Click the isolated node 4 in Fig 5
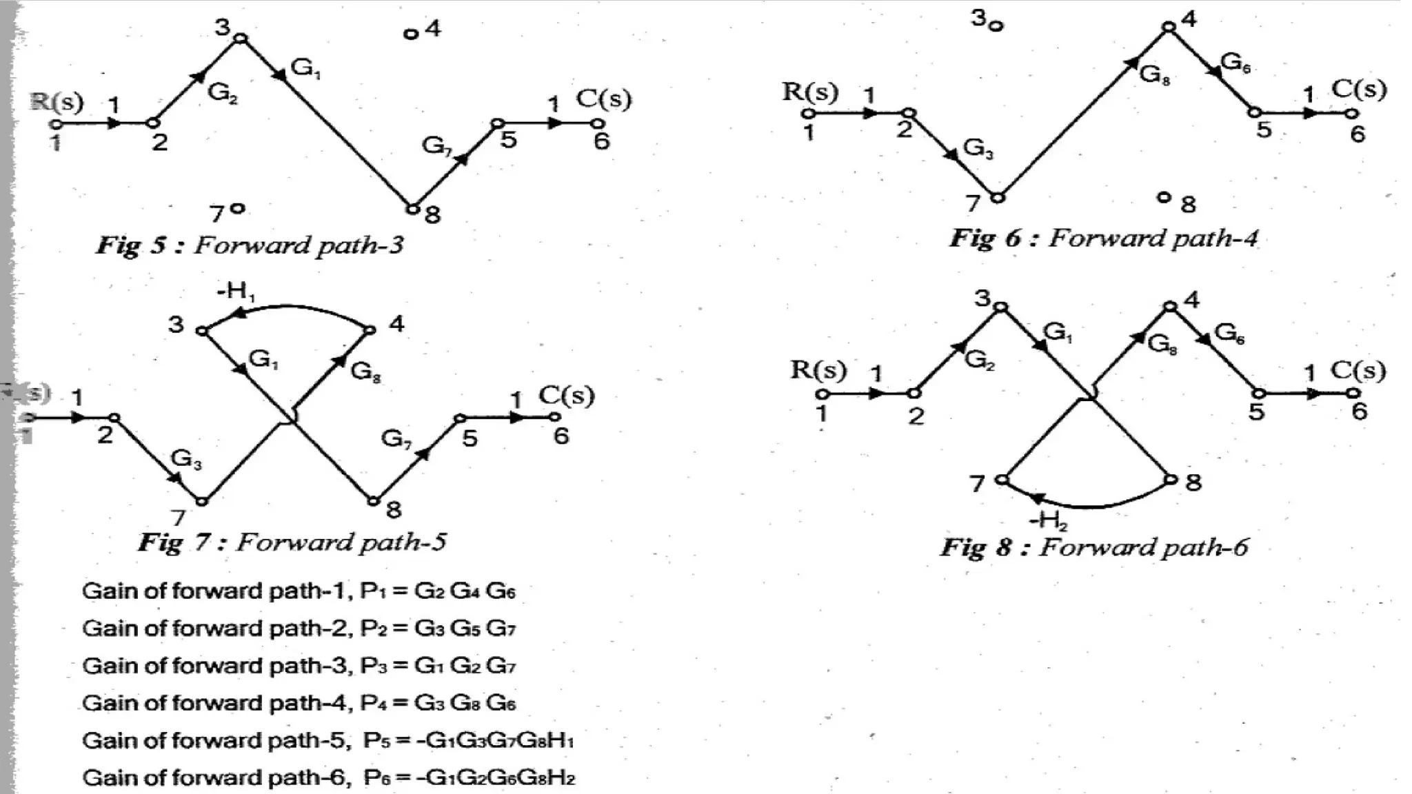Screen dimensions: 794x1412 tap(411, 34)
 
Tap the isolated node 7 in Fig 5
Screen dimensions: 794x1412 tap(238, 207)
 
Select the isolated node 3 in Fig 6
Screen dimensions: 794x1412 tap(997, 26)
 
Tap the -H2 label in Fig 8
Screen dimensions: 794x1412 tap(1048, 520)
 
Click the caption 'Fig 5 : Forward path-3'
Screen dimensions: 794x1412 tap(250, 245)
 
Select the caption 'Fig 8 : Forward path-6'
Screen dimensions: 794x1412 tap(1094, 547)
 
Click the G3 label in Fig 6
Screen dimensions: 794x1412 tap(978, 147)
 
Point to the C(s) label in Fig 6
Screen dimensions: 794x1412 tap(1358, 89)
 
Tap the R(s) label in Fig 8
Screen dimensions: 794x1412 tap(818, 370)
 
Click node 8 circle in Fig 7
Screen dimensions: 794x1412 tap(373, 501)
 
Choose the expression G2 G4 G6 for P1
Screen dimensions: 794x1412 tap(465, 591)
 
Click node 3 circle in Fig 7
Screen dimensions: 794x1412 tap(201, 331)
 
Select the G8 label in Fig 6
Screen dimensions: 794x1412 tap(1154, 74)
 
